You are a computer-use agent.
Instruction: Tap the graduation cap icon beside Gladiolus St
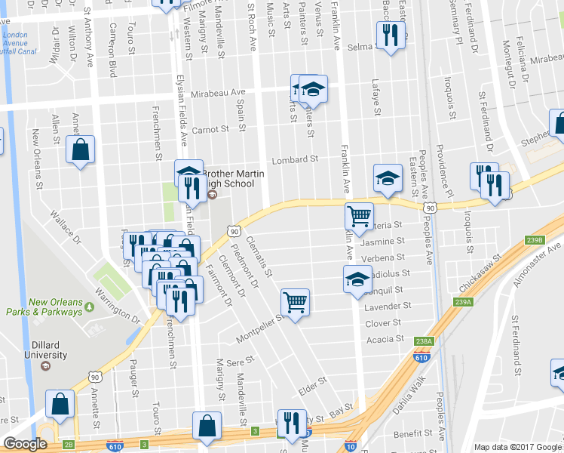[x=357, y=279]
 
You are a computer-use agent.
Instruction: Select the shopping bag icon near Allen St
[x=80, y=149]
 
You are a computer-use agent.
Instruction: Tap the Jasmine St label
[x=382, y=242]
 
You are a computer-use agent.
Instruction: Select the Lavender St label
[x=387, y=307]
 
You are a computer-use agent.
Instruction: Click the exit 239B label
[x=535, y=240]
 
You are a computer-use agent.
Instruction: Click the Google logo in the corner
[x=25, y=444]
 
